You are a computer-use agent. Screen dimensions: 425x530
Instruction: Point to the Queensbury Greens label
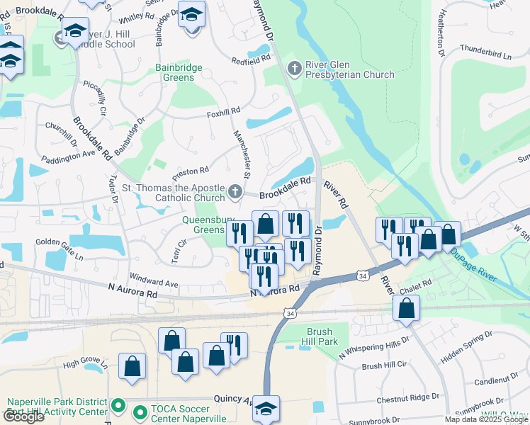pyautogui.click(x=193, y=225)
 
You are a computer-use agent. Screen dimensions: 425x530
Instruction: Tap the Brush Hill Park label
pyautogui.click(x=323, y=336)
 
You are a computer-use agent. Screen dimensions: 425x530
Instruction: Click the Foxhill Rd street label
pyautogui.click(x=223, y=112)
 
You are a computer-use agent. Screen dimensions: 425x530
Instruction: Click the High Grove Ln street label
pyautogui.click(x=84, y=365)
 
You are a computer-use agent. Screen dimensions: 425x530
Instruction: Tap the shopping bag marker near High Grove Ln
pyautogui.click(x=132, y=366)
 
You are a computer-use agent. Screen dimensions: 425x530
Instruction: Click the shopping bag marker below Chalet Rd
pyautogui.click(x=407, y=308)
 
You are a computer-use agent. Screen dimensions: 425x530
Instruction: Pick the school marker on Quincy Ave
pyautogui.click(x=266, y=408)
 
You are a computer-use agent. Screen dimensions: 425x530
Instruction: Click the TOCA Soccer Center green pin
pyautogui.click(x=139, y=409)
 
